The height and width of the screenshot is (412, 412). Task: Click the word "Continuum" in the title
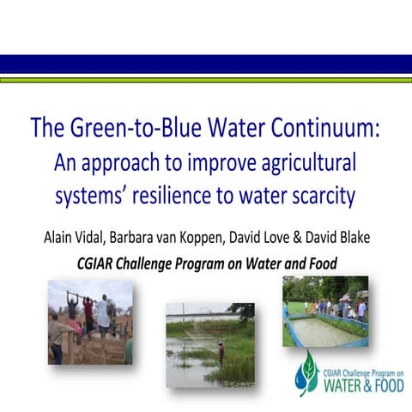pos(326,129)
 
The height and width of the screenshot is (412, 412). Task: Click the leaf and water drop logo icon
pos(306,371)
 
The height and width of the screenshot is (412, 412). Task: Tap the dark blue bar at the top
pos(206,64)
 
